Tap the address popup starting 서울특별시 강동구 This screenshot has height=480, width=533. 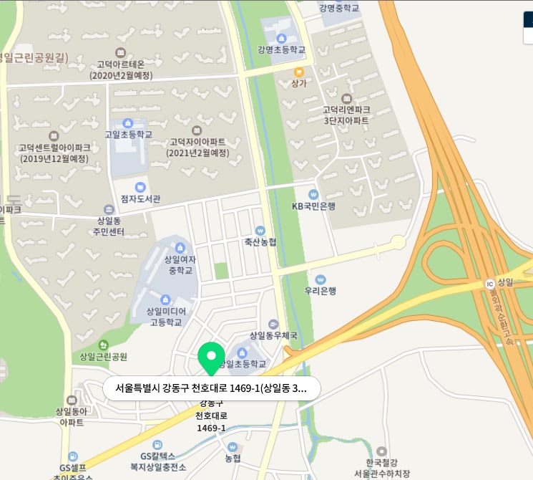211,389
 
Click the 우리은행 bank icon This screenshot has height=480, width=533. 320,279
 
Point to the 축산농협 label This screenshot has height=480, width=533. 260,242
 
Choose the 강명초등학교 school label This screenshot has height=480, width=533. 281,49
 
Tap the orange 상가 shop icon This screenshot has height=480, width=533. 298,72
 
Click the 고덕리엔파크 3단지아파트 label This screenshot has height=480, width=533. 346,115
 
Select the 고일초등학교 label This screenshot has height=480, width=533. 128,134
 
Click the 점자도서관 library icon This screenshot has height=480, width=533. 140,187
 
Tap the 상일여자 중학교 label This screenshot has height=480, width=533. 180,265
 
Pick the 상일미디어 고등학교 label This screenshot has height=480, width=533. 166,317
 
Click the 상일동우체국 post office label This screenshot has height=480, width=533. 272,335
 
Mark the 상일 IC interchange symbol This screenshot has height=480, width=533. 490,284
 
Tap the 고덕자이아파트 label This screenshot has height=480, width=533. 197,147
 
